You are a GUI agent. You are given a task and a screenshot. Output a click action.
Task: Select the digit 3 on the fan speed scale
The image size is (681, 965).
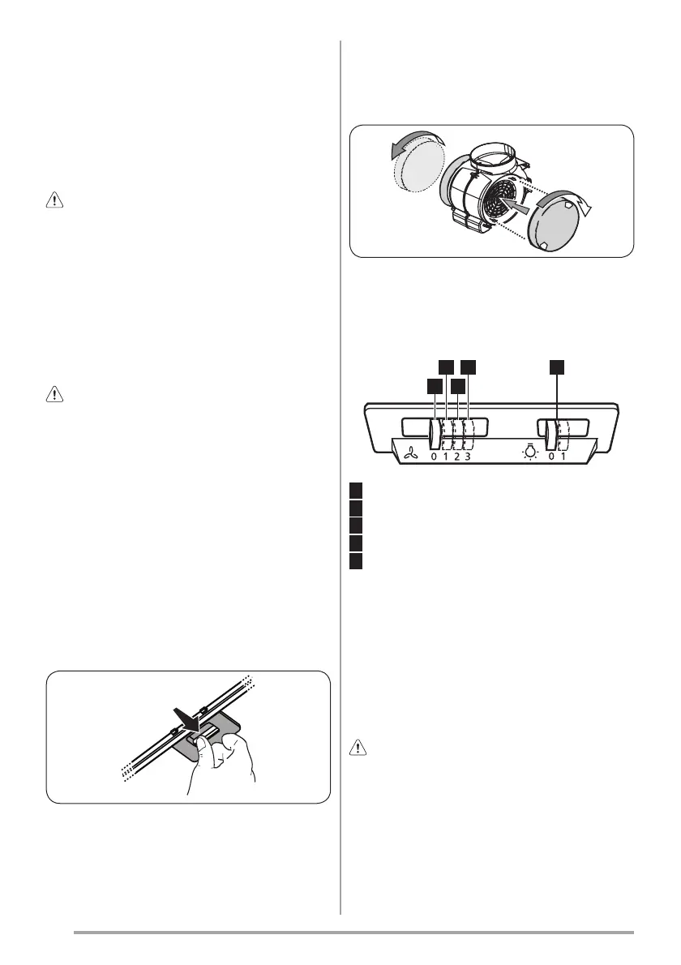468,457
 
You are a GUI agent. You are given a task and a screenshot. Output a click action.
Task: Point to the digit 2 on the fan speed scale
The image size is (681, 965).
456,457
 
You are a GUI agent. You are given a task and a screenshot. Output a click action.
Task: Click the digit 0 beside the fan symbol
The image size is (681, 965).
434,457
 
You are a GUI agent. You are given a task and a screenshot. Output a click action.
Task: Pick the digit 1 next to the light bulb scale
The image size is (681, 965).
563,457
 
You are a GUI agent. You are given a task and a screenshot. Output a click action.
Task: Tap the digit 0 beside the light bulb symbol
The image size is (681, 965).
551,457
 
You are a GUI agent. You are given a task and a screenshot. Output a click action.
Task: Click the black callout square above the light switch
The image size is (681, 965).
556,367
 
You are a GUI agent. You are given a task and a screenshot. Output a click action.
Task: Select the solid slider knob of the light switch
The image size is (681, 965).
550,434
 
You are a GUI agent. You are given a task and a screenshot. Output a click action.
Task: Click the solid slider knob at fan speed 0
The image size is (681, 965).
434,434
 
